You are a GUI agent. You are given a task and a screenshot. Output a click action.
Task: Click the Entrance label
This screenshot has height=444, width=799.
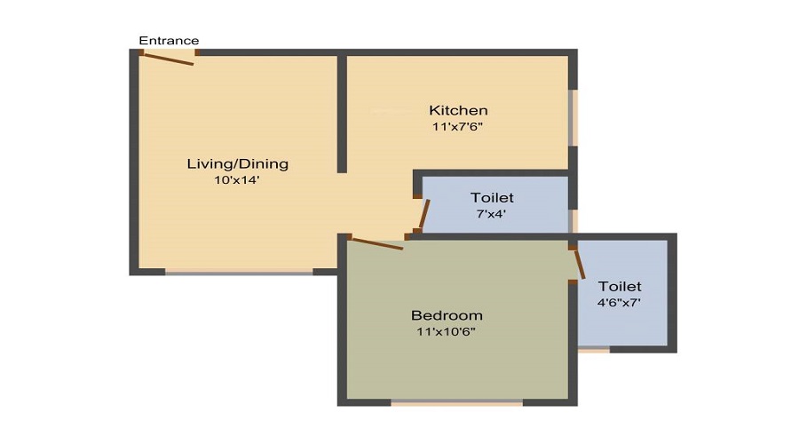click(x=169, y=40)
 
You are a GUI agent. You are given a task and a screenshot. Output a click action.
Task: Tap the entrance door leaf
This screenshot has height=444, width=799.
click(x=169, y=59)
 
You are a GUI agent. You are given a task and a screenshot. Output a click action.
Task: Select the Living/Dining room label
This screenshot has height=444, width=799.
click(x=237, y=164)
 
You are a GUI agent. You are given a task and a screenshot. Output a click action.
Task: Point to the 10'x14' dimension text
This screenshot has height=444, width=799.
click(x=236, y=180)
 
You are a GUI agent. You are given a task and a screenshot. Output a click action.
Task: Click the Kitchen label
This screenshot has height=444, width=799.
click(x=458, y=110)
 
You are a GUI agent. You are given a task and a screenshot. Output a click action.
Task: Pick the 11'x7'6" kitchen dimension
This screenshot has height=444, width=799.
click(x=457, y=126)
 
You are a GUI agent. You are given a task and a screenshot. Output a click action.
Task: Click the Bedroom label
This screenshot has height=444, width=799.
click(x=447, y=315)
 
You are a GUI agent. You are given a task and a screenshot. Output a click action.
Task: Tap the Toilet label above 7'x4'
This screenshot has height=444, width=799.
click(x=492, y=197)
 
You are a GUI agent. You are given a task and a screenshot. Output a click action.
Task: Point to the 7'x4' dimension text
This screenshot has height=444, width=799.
click(x=491, y=213)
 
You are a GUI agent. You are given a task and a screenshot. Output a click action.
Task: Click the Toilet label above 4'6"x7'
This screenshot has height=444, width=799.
click(x=620, y=287)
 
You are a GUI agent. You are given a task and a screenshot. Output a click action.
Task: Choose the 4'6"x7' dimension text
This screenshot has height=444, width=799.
click(x=620, y=303)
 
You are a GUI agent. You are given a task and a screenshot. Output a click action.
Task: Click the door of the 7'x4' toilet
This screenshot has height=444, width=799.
click(x=424, y=215)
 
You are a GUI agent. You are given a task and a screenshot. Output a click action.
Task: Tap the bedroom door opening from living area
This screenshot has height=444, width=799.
click(x=376, y=242)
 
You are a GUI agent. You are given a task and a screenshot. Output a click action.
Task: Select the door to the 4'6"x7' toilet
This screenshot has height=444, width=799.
click(x=579, y=264)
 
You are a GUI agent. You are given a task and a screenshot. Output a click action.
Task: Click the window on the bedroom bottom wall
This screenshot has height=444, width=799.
click(x=456, y=402)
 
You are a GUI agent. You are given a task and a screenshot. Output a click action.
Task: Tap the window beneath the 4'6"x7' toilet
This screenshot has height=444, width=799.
click(x=594, y=350)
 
